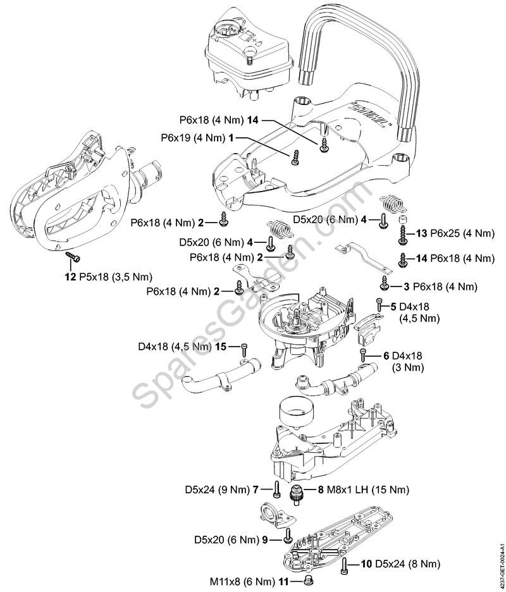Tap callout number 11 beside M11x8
tap(283, 579)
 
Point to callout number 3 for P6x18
tap(407, 287)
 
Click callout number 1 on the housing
tap(232, 137)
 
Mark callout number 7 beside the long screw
tap(256, 490)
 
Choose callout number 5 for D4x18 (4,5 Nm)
tap(394, 306)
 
